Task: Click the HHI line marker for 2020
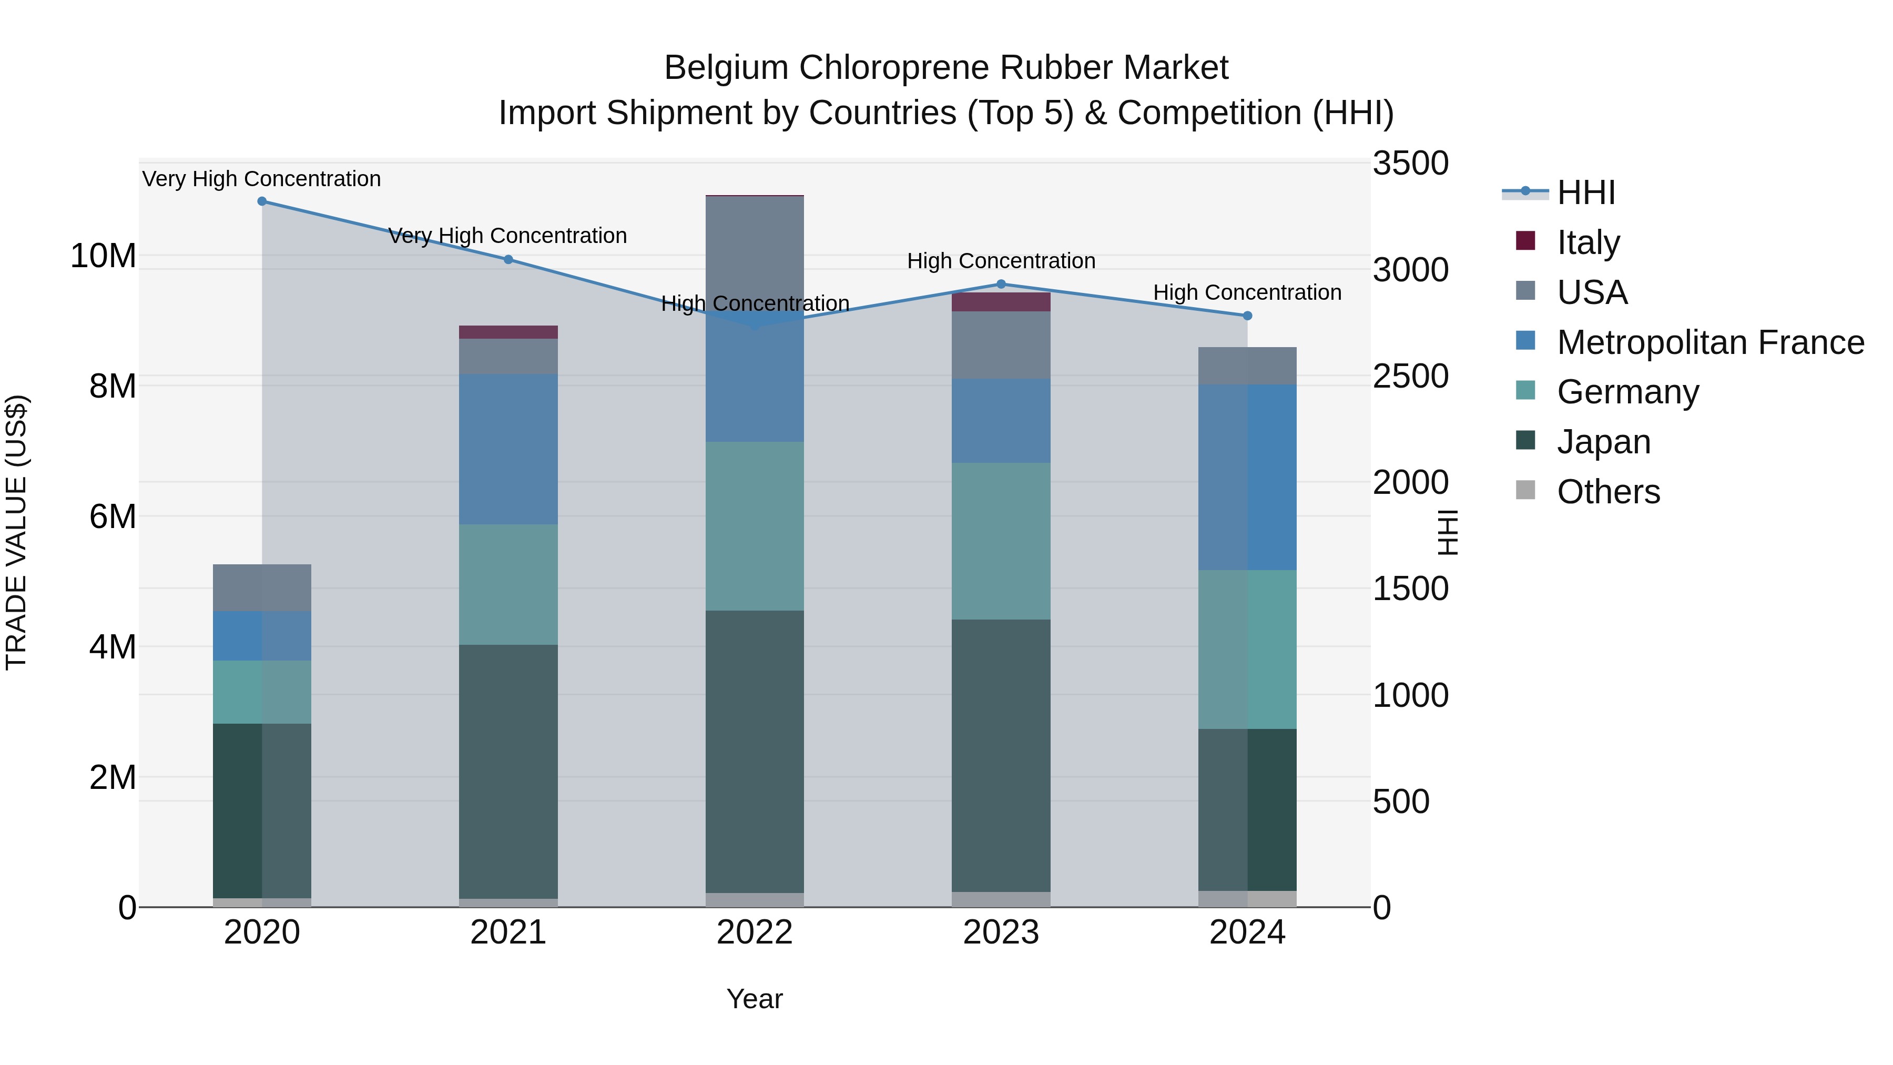coord(262,201)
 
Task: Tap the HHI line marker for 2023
coord(1001,285)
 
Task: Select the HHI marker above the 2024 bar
coord(1247,316)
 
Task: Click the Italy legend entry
coord(1587,242)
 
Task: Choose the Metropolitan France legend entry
coord(1709,342)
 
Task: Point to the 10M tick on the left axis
coord(103,257)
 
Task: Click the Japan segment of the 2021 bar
coord(508,772)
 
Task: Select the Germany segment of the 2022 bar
coord(754,526)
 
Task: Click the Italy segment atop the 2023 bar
coord(1001,302)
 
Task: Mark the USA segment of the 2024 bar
coord(1247,366)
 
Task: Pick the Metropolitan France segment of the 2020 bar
coord(262,636)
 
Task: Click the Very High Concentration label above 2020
coord(262,179)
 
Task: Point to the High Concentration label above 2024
coord(1247,292)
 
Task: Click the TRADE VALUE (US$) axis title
coord(16,532)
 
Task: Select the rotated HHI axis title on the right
coord(1446,532)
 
